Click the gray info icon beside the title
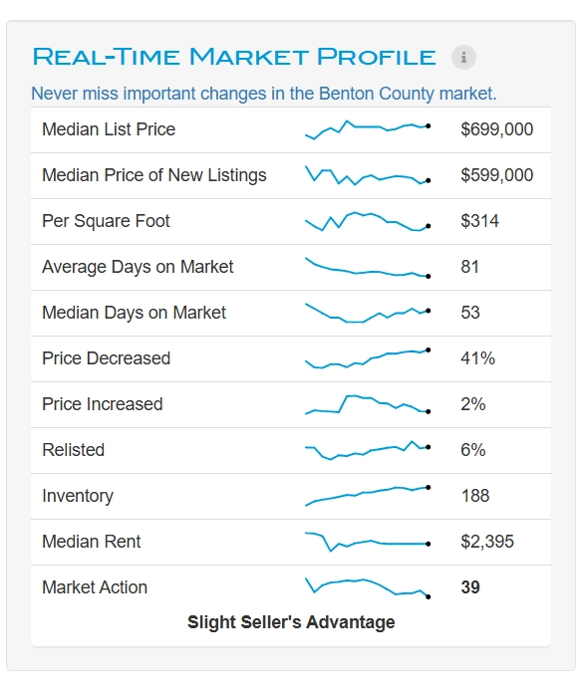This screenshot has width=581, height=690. coord(463,57)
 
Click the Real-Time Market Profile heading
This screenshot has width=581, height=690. coord(234,57)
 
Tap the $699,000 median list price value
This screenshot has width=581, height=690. coord(497,129)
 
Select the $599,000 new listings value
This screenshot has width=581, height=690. coord(497,175)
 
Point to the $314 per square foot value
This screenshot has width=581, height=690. coord(479,221)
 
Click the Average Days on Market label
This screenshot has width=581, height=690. coord(138,267)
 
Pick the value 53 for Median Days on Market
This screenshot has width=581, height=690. coord(470,313)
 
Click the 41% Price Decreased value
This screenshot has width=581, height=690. coord(477,358)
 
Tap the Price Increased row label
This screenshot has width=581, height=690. coord(103,404)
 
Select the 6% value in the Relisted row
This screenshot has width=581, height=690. coord(473,450)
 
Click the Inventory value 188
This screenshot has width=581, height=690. coord(474,496)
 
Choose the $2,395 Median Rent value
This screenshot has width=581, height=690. coord(487,542)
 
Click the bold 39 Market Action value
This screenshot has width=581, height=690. coord(470,587)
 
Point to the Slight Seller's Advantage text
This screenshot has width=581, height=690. coord(291,622)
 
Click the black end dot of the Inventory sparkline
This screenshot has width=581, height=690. coord(429,487)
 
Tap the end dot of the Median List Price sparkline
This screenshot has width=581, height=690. coord(429,126)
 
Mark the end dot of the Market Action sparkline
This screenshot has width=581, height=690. coord(429,597)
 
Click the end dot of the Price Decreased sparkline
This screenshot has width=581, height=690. coord(429,350)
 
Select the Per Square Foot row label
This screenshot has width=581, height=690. coord(106,221)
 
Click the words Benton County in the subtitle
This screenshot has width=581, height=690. coord(376,94)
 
